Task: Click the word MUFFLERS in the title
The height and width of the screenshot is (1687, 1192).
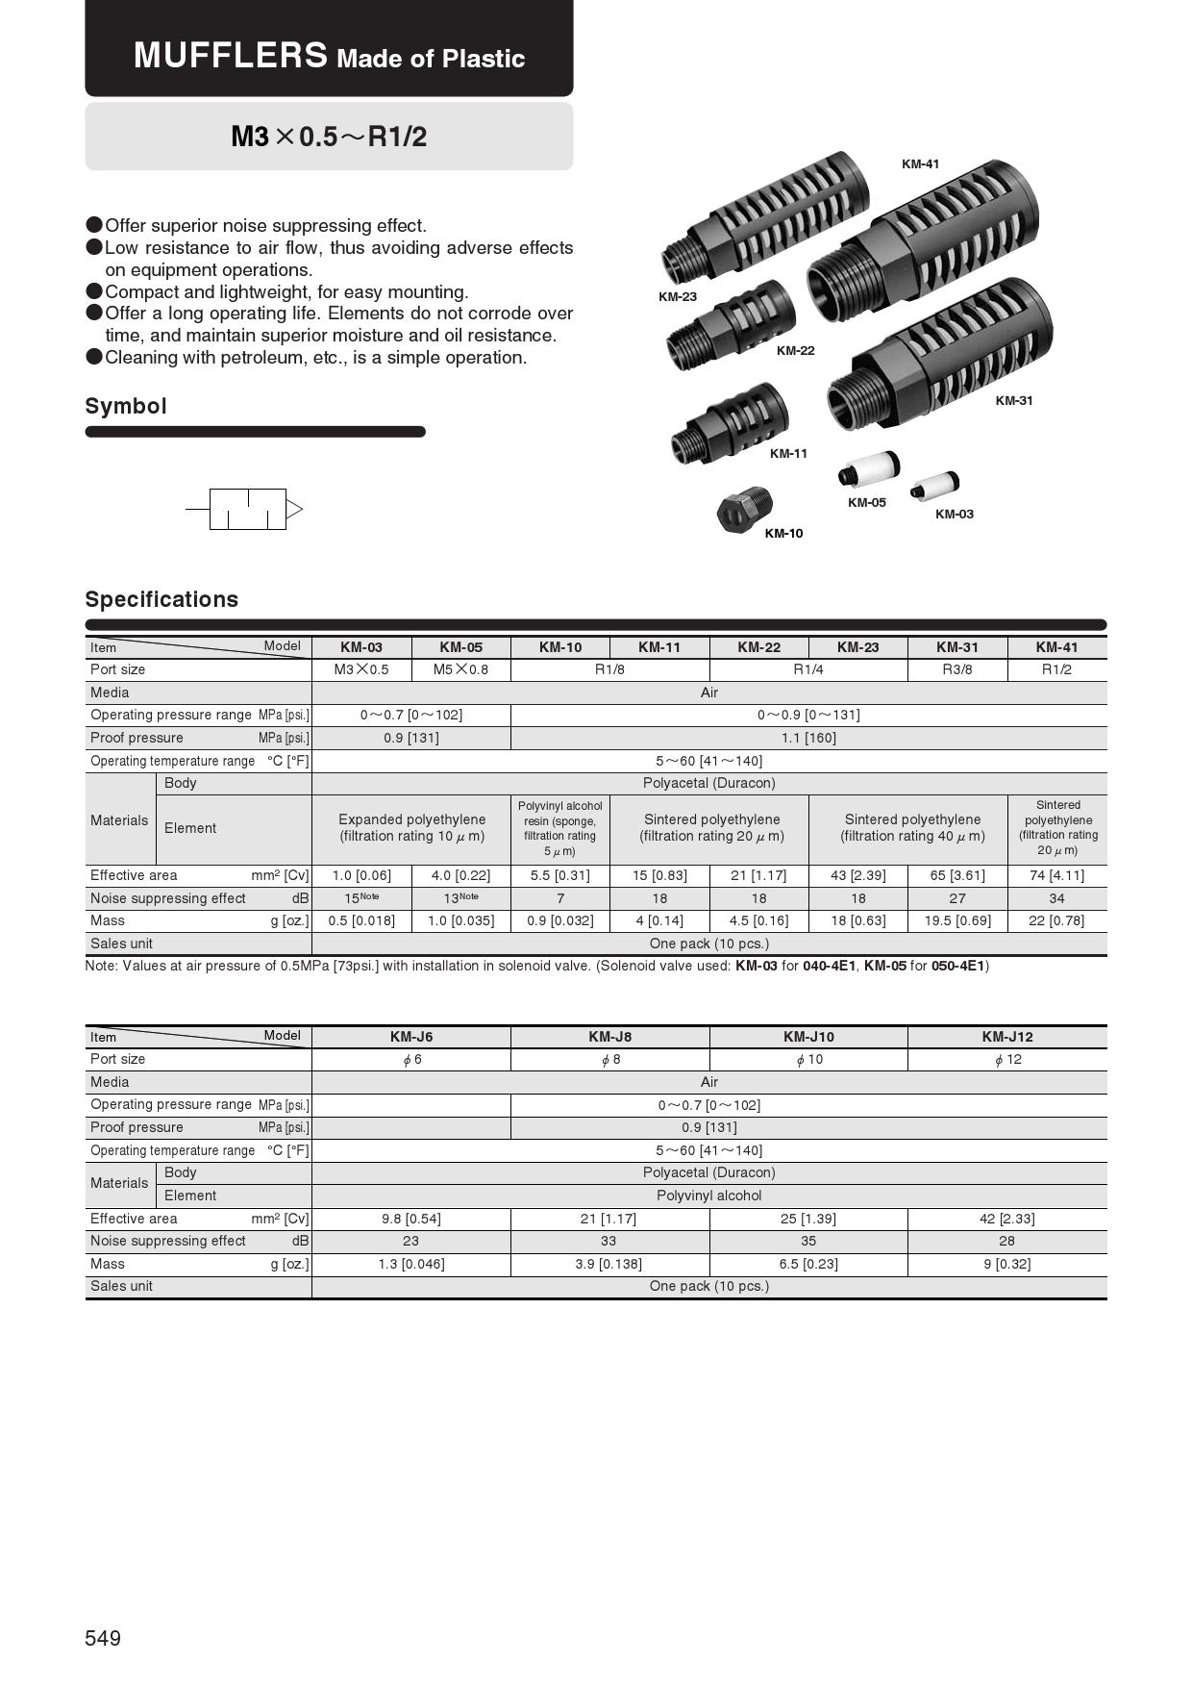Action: pyautogui.click(x=231, y=55)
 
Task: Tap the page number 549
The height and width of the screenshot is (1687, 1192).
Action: pyautogui.click(x=103, y=1638)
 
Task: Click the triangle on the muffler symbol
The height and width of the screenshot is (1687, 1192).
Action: pyautogui.click(x=294, y=509)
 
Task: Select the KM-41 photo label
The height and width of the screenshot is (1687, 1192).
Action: pyautogui.click(x=920, y=164)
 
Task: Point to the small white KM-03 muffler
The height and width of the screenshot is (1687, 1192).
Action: pyautogui.click(x=935, y=484)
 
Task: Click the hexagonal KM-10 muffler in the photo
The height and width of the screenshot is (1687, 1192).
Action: pyautogui.click(x=743, y=509)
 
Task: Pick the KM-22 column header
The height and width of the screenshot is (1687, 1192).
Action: pyautogui.click(x=758, y=647)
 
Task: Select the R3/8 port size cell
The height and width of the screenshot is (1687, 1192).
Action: pyautogui.click(x=956, y=669)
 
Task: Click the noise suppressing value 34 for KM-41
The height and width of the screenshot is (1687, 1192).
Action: pyautogui.click(x=1056, y=898)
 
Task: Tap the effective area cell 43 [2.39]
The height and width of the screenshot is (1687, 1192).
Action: pyautogui.click(x=857, y=875)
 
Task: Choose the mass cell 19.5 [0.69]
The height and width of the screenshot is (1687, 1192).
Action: pyautogui.click(x=956, y=920)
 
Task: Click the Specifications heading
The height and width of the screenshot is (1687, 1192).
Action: pyautogui.click(x=161, y=599)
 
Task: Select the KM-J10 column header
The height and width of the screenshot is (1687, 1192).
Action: pyautogui.click(x=808, y=1037)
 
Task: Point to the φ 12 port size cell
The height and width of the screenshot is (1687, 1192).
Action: pyautogui.click(x=1006, y=1059)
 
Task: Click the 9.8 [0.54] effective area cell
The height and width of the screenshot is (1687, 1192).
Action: pyautogui.click(x=411, y=1219)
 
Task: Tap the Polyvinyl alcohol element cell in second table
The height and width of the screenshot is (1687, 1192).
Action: pyautogui.click(x=708, y=1196)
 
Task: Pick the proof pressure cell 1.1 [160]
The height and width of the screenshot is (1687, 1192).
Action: pyautogui.click(x=808, y=738)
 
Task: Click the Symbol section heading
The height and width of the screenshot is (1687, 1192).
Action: pyautogui.click(x=126, y=406)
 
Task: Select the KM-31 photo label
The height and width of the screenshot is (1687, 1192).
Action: pyautogui.click(x=1013, y=401)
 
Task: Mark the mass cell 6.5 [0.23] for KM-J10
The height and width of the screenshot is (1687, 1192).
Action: pyautogui.click(x=808, y=1264)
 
